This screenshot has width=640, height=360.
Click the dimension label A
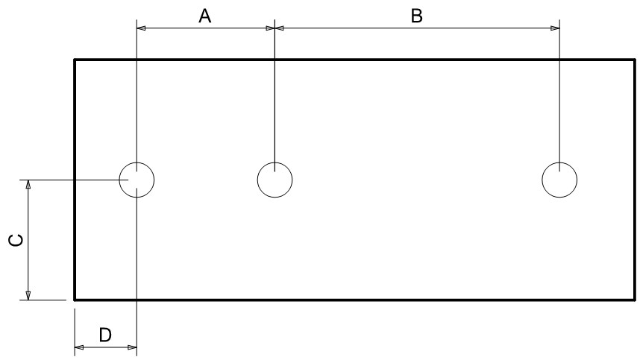(205, 16)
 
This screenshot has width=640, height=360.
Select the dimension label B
(416, 16)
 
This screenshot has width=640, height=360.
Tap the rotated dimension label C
(16, 240)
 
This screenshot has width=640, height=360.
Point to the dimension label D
(105, 335)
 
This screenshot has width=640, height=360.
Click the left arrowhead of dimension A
(141, 28)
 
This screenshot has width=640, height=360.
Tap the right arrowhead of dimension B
(555, 28)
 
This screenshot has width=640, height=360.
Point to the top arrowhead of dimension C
(28, 184)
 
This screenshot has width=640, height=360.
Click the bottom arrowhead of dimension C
(28, 295)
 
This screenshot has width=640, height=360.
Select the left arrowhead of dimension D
(79, 347)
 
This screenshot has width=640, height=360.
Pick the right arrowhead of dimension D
(132, 347)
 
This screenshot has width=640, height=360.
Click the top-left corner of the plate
(75, 60)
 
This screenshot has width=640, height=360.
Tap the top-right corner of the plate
(635, 60)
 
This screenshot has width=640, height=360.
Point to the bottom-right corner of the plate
(635, 300)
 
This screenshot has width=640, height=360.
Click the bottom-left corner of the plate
(75, 300)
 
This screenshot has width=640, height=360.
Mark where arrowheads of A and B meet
(274, 28)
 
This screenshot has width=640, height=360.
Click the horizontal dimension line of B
(417, 28)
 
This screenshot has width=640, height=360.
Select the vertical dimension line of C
(28, 240)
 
